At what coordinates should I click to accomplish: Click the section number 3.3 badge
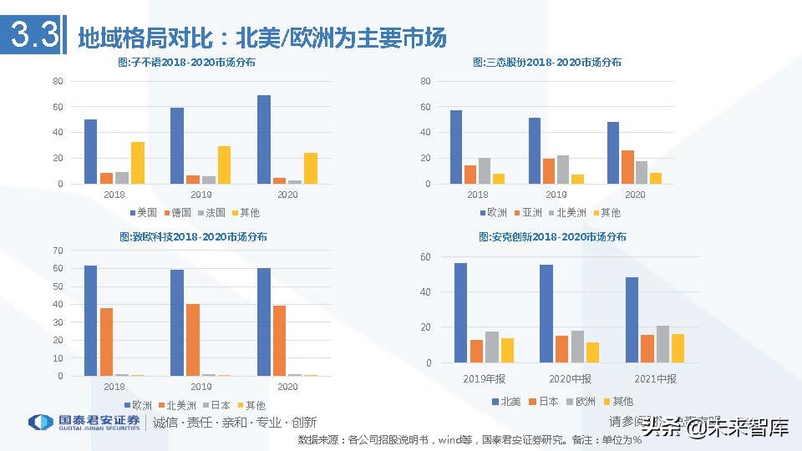33,36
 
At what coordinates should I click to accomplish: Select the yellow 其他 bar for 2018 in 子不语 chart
138,163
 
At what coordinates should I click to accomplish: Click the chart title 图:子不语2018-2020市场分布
185,63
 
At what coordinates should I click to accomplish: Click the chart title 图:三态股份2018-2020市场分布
547,63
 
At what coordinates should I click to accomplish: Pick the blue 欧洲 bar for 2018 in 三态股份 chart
456,147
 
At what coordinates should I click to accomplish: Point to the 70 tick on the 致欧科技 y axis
58,251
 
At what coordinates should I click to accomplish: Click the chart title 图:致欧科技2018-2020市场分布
194,237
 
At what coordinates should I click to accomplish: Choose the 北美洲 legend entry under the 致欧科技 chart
175,405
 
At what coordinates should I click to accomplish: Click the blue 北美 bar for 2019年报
461,313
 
